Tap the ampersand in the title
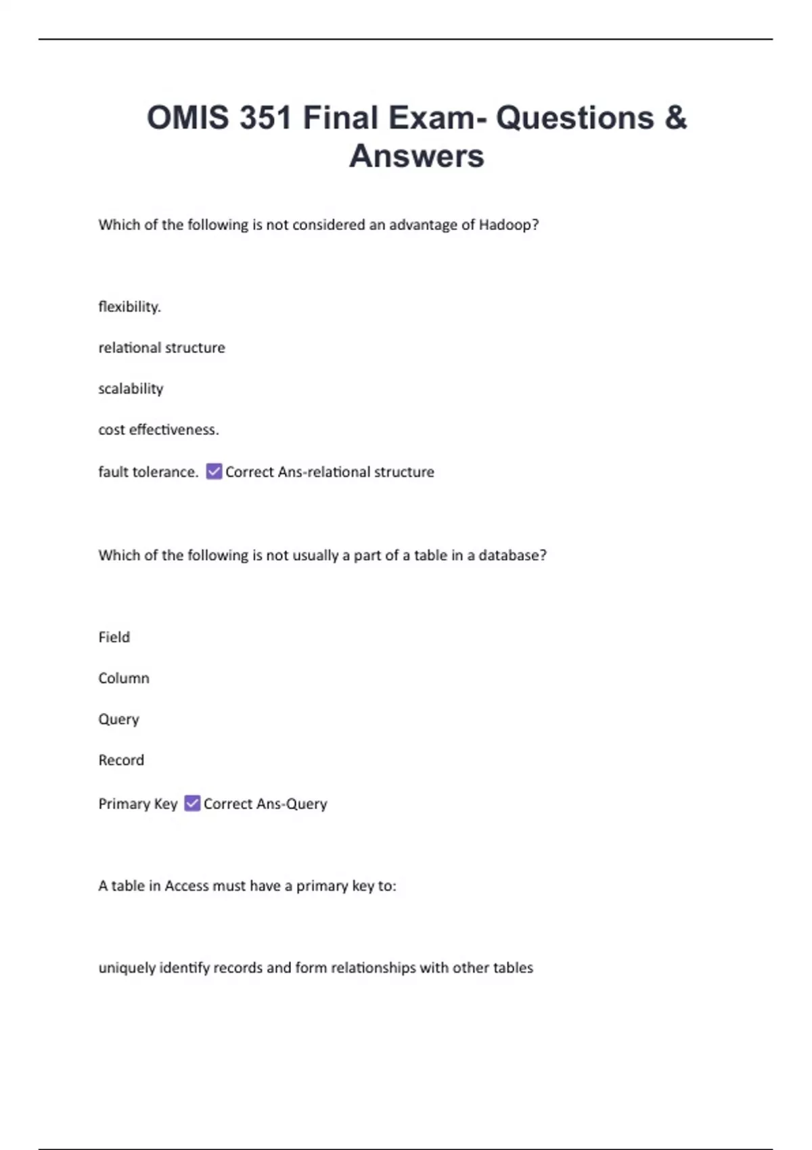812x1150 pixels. click(675, 118)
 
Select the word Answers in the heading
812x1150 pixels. click(416, 156)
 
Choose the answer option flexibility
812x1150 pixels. click(129, 306)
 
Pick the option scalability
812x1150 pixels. click(131, 388)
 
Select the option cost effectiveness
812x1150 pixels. click(158, 430)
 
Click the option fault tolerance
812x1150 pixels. click(148, 471)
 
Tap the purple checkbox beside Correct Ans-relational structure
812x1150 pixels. click(214, 471)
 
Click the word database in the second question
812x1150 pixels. click(508, 555)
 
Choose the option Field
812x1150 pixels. click(114, 637)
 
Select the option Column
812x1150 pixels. click(124, 678)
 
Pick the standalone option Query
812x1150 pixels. click(118, 719)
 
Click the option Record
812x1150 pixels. click(121, 760)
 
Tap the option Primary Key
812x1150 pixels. click(137, 804)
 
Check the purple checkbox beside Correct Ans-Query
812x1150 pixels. click(192, 803)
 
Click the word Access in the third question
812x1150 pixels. click(187, 886)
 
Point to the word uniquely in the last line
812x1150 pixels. click(127, 968)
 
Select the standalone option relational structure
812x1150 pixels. click(162, 348)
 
